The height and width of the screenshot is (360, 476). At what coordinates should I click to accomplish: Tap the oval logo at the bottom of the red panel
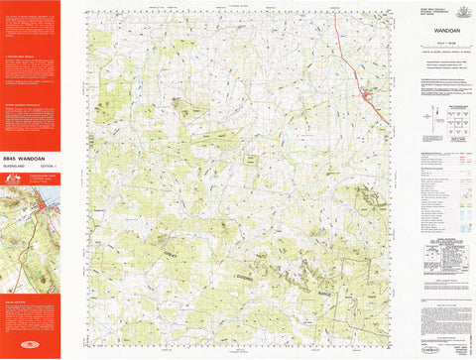click(29, 348)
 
